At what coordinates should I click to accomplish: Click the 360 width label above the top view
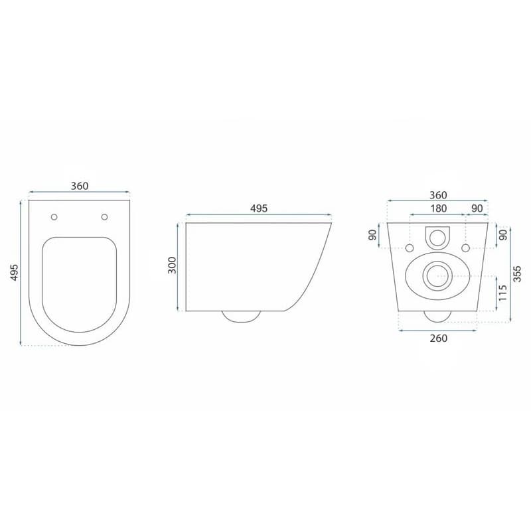pyautogui.click(x=80, y=186)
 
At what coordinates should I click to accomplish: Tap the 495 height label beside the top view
pyautogui.click(x=14, y=272)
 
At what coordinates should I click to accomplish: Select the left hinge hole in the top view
pyautogui.click(x=54, y=217)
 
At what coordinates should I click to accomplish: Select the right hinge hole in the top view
pyautogui.click(x=105, y=217)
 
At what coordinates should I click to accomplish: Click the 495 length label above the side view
pyautogui.click(x=259, y=208)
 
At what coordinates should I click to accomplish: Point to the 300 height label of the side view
pyautogui.click(x=173, y=265)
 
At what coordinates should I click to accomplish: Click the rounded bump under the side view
pyautogui.click(x=241, y=317)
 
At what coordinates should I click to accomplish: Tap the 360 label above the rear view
pyautogui.click(x=438, y=195)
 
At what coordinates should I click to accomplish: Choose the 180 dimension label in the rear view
pyautogui.click(x=438, y=208)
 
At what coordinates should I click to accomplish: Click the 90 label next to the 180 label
pyautogui.click(x=477, y=208)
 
